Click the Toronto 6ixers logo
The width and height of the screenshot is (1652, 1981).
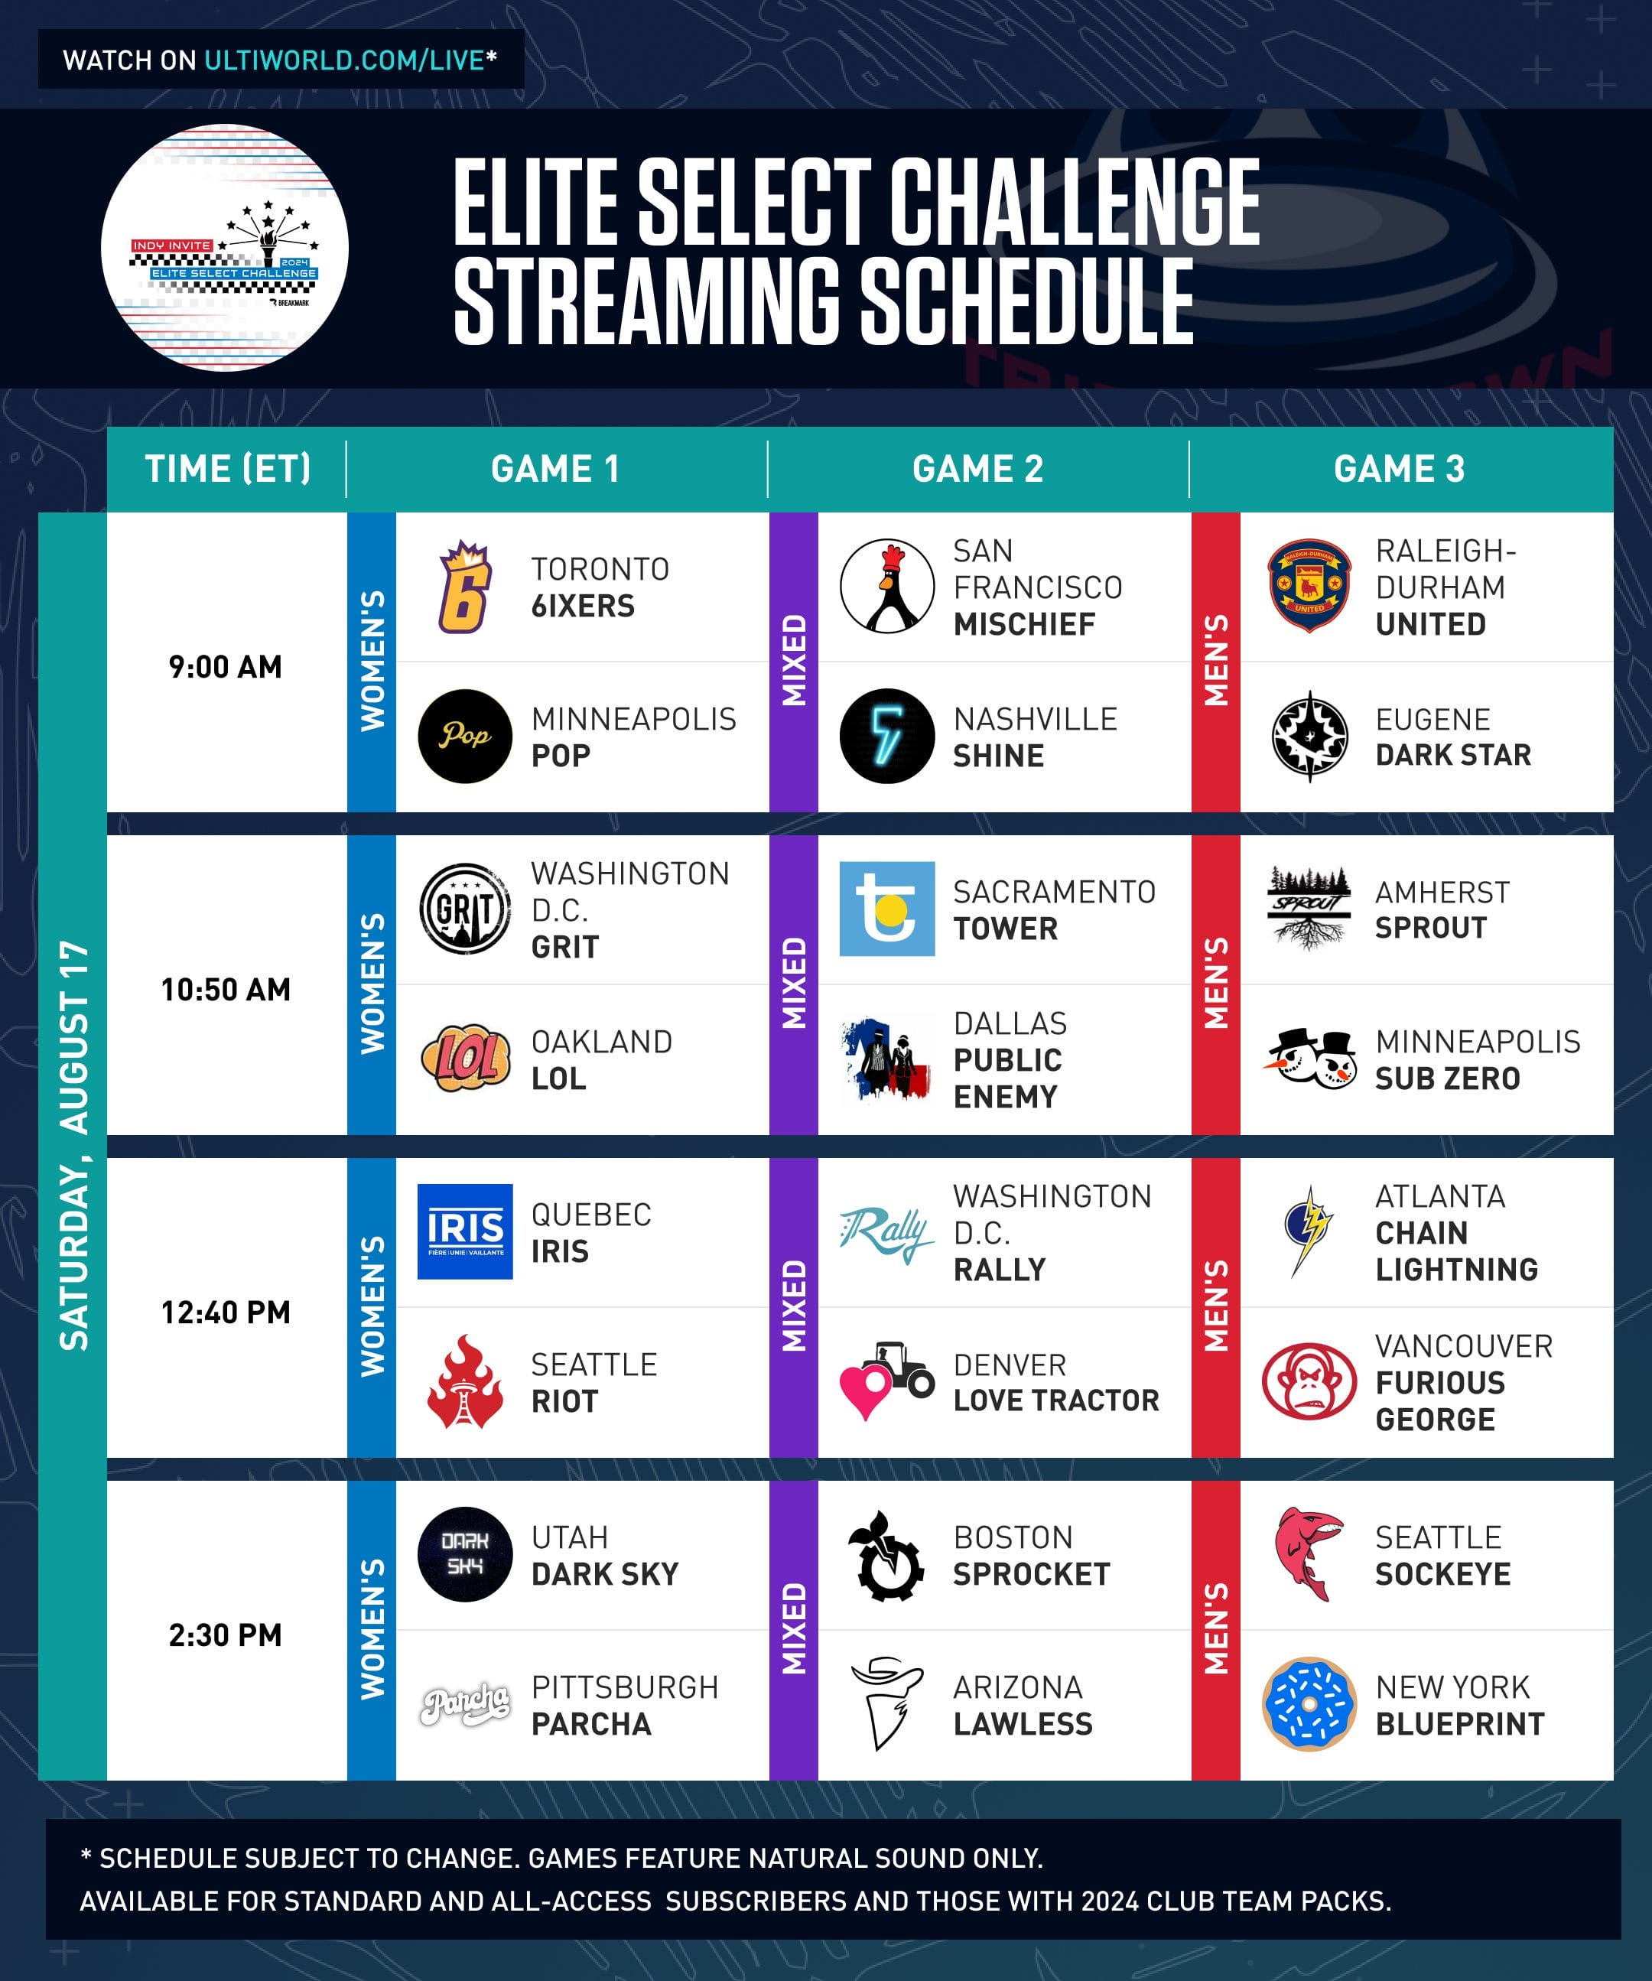[464, 587]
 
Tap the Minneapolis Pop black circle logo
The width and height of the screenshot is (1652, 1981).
[464, 737]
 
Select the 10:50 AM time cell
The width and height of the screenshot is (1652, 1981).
[226, 990]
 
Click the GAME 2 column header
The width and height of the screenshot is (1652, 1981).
[977, 469]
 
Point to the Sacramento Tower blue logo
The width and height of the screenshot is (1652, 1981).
[887, 909]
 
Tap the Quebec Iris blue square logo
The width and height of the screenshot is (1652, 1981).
[464, 1231]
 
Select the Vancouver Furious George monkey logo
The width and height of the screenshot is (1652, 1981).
[1309, 1381]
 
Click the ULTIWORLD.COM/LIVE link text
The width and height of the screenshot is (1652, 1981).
[344, 60]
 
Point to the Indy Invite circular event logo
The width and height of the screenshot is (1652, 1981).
[225, 248]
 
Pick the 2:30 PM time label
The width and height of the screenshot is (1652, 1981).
[226, 1635]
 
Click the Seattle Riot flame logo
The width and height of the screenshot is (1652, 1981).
[464, 1381]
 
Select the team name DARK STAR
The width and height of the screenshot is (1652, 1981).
[1453, 755]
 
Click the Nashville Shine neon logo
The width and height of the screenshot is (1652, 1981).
[887, 737]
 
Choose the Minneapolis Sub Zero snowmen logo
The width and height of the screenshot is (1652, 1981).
[1309, 1059]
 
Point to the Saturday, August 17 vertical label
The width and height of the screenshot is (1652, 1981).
[73, 1145]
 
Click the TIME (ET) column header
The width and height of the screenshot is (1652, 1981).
[227, 469]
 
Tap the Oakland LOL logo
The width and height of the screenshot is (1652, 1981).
[464, 1059]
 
